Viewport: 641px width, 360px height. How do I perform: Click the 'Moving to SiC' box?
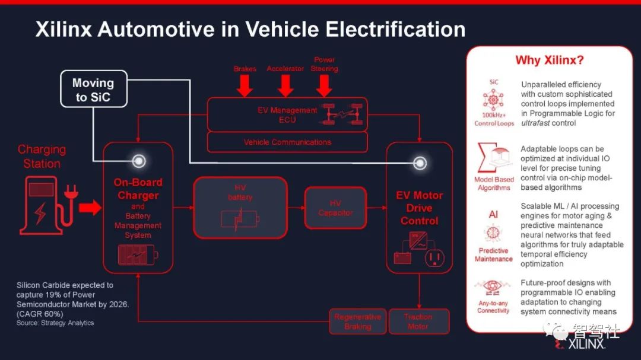[x=93, y=90]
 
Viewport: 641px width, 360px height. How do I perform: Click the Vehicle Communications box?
[x=287, y=142]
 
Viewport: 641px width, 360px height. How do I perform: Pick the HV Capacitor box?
[x=335, y=208]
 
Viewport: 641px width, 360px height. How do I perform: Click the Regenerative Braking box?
[x=357, y=321]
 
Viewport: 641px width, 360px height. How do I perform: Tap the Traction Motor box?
[x=418, y=321]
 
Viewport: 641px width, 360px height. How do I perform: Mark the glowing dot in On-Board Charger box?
[x=139, y=161]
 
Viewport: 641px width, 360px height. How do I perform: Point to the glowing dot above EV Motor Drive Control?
[x=420, y=162]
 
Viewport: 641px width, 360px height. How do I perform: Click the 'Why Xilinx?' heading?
[x=549, y=60]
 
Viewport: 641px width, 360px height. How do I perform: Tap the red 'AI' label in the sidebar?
[x=493, y=215]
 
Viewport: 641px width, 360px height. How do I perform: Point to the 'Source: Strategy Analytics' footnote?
[x=55, y=323]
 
